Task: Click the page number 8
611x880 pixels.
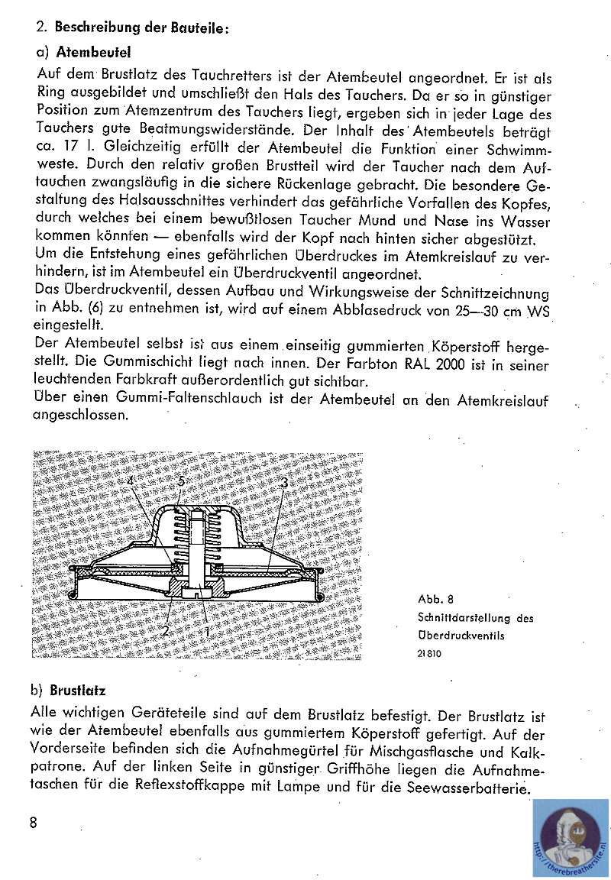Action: tap(33, 822)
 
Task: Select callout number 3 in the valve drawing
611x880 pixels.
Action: tap(284, 483)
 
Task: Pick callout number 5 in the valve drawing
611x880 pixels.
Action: tap(180, 480)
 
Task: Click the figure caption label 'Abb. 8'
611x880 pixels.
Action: tap(436, 599)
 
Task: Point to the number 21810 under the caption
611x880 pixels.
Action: tap(430, 654)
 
